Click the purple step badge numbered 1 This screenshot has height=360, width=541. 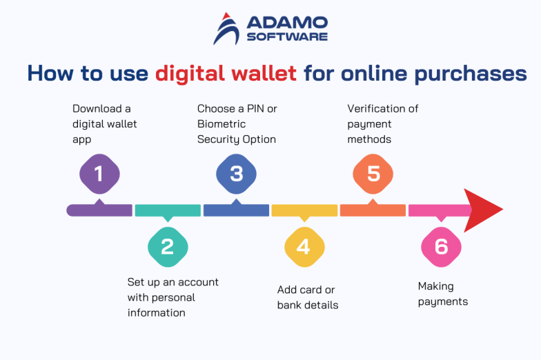(x=99, y=173)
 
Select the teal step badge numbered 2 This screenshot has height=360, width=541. (x=168, y=246)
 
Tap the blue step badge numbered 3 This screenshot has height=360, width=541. (x=236, y=173)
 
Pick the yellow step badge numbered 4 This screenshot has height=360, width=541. (x=304, y=246)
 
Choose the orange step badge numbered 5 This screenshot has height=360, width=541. (x=373, y=173)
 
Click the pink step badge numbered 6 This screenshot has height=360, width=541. (x=441, y=246)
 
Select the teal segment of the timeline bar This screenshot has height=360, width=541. (x=168, y=210)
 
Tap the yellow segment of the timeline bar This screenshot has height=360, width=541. (x=304, y=210)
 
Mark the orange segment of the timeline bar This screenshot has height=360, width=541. (x=373, y=210)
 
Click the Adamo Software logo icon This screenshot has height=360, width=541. (x=226, y=28)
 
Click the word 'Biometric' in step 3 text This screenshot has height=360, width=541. (x=222, y=124)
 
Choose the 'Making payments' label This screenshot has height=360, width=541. (x=443, y=294)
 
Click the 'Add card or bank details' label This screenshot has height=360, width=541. (x=308, y=297)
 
